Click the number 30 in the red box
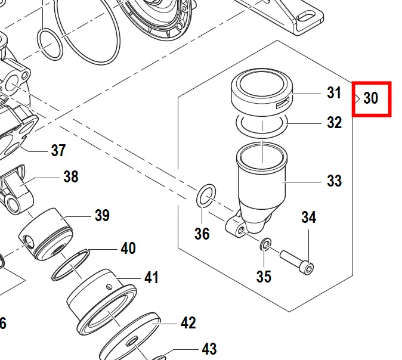point(370,98)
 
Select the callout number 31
point(334,93)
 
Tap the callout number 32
point(334,123)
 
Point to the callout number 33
point(334,180)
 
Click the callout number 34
point(308,218)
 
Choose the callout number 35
point(264,277)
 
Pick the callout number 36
point(202,234)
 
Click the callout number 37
point(58,150)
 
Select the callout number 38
point(71,177)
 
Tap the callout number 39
point(102,215)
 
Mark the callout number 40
point(128,248)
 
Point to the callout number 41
point(151,278)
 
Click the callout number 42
point(188,323)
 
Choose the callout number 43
point(209,349)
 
